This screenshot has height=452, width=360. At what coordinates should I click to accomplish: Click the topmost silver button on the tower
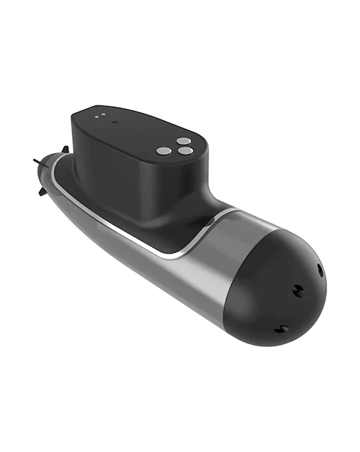tap(185, 140)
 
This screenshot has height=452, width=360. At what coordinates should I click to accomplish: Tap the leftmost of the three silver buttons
tap(164, 151)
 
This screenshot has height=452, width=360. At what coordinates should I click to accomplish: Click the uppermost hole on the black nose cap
tap(320, 270)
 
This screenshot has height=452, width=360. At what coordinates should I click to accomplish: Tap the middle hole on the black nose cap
tap(298, 291)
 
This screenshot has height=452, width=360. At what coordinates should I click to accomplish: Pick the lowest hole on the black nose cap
tap(283, 328)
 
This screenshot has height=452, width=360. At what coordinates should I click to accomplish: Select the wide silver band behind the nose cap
tap(236, 255)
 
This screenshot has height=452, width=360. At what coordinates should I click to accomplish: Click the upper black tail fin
tap(63, 150)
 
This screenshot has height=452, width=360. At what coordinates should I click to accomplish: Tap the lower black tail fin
tap(41, 192)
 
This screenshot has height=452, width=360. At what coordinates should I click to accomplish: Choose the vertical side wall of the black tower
tap(131, 183)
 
